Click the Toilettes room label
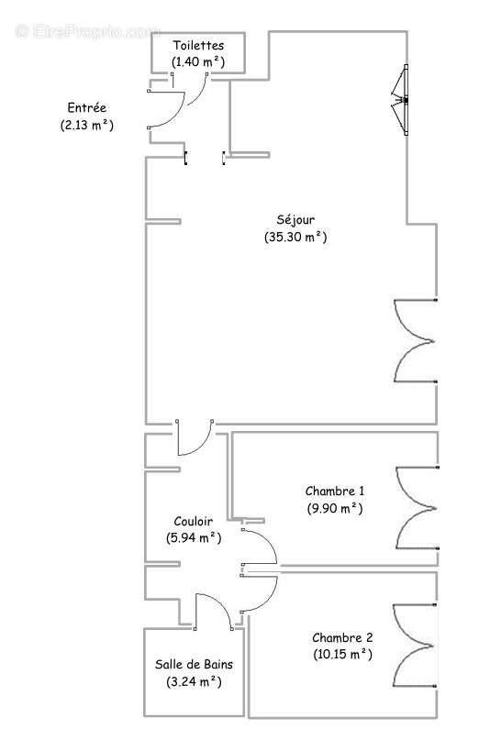coord(198,45)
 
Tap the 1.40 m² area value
coord(198,61)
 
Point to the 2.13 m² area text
coord(82,125)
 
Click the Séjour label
coord(295,219)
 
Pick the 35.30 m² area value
coord(295,237)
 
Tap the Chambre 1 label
coord(336,490)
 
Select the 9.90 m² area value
coord(335,507)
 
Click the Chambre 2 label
coord(342,637)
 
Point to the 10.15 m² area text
coord(341,655)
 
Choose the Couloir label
coord(194,521)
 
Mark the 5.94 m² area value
coord(194,538)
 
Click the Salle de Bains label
coord(194,664)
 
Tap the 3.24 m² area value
coord(194,681)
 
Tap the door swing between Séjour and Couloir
coord(194,438)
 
